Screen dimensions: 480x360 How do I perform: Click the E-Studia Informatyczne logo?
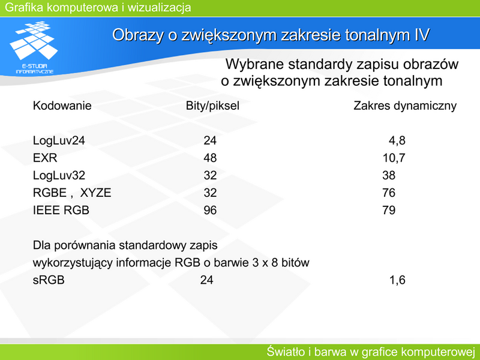(x=34, y=47)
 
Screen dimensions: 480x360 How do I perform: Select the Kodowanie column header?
(x=62, y=106)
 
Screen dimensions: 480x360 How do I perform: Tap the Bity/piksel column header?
(x=212, y=106)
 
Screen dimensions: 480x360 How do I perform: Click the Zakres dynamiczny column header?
(x=404, y=106)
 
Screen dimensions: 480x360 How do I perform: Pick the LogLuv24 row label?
(x=59, y=140)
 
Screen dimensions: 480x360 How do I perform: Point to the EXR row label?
(x=45, y=158)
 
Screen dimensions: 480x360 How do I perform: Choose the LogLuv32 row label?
(x=59, y=175)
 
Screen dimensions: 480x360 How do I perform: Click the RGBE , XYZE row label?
(x=72, y=193)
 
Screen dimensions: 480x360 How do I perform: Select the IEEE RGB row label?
(x=61, y=211)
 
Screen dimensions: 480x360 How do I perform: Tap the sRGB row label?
(x=49, y=280)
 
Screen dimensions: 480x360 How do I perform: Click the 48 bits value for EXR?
(x=210, y=158)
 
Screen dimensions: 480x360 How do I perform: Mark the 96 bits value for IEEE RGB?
(x=210, y=211)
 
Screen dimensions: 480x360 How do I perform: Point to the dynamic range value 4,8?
(x=397, y=141)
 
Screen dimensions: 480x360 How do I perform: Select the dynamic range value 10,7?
(x=394, y=158)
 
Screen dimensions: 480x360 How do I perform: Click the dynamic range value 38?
(x=389, y=175)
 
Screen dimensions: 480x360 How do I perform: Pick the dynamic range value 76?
(x=389, y=193)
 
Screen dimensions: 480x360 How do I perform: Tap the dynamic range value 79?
(x=389, y=211)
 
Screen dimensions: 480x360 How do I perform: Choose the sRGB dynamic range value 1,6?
(x=397, y=280)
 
